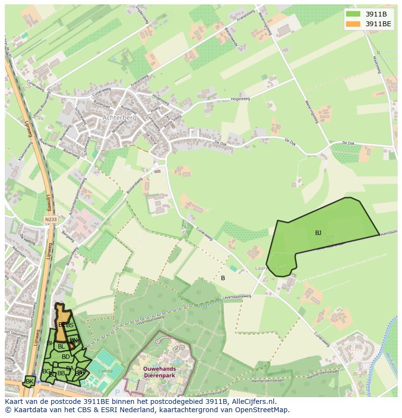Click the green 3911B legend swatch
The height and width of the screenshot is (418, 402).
(353, 14)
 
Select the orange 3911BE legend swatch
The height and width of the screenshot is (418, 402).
(353, 24)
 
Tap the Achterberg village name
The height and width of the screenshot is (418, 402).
(119, 117)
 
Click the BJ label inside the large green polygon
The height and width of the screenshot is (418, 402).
(318, 233)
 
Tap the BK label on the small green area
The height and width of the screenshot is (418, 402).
(30, 382)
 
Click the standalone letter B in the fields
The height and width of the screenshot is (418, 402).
(223, 278)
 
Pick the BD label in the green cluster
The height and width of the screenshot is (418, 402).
(66, 357)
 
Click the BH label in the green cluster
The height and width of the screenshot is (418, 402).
(50, 343)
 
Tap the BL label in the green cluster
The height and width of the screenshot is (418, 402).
(61, 347)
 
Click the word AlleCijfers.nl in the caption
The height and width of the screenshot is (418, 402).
(254, 401)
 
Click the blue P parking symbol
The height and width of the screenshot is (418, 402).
(117, 392)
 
